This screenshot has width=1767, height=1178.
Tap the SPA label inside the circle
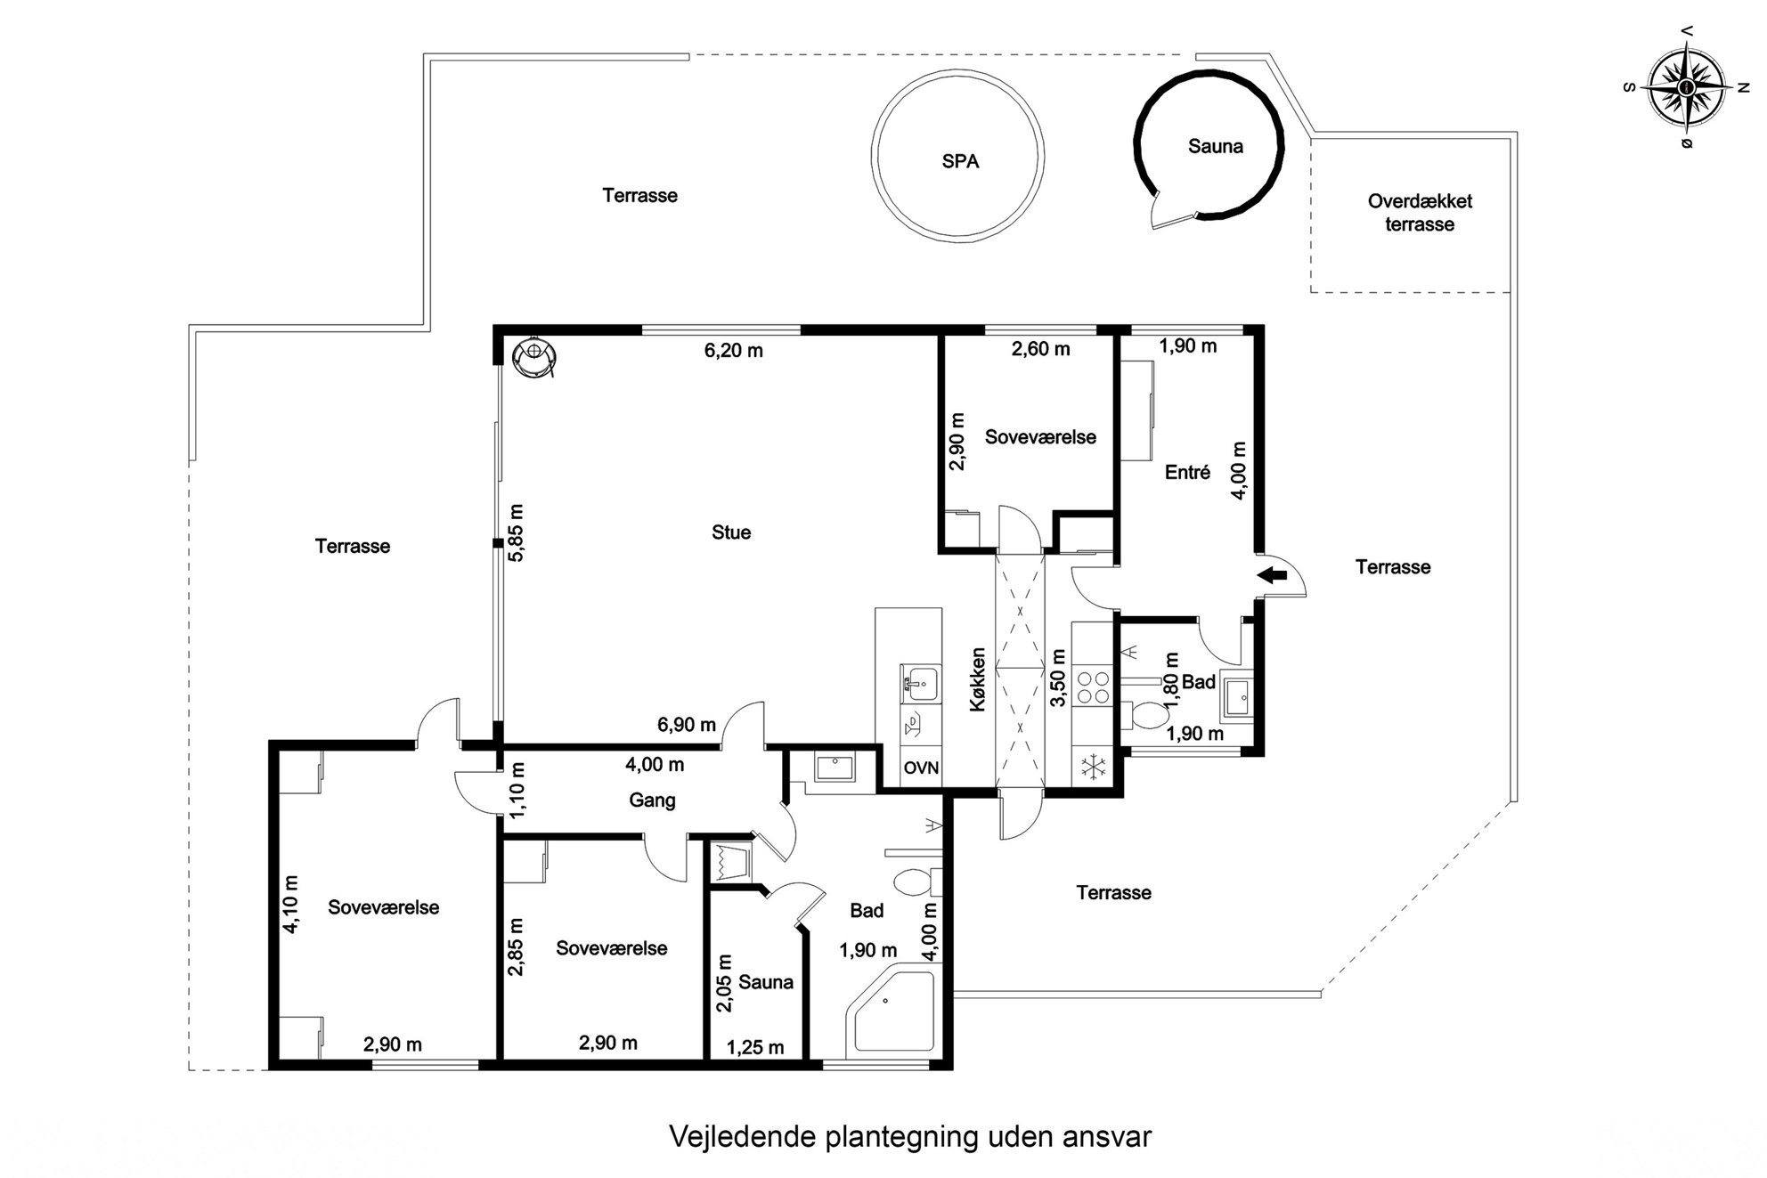point(960,161)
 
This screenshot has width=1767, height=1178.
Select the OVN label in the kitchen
point(921,768)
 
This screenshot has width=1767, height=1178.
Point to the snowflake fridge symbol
point(1093,768)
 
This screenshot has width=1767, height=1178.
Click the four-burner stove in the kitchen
point(1093,687)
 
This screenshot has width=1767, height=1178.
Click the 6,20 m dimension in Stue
point(734,351)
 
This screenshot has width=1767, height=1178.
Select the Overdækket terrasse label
point(1420,213)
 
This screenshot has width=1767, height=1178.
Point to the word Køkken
point(978,678)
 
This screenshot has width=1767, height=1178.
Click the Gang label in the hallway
point(652,800)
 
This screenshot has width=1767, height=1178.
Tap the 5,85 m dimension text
point(517,532)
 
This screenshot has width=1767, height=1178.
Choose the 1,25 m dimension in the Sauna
point(755,1048)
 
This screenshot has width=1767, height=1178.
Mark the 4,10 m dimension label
point(290,904)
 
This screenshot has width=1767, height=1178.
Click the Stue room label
point(731,532)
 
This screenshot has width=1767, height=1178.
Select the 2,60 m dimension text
point(1040,349)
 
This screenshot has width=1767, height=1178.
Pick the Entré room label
point(1187,473)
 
